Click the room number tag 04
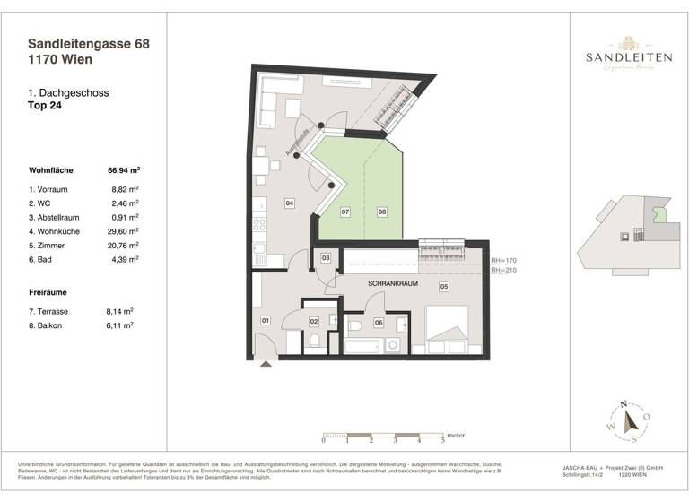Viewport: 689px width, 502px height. tap(290, 203)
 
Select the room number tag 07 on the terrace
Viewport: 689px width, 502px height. tap(344, 212)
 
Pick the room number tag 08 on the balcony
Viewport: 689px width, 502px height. tap(381, 212)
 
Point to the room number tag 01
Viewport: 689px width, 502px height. tap(266, 320)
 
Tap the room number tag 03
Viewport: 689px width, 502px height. tap(327, 259)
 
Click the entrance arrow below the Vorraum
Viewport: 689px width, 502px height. tap(266, 363)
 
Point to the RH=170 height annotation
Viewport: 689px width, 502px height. tap(503, 260)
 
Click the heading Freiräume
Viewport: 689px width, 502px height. tap(50, 292)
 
